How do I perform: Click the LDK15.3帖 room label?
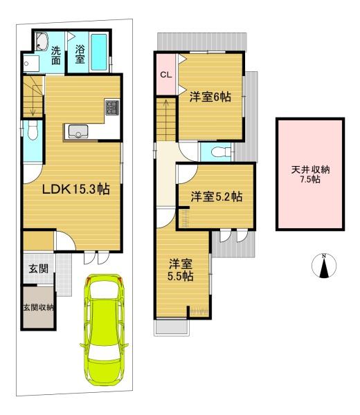[76, 190]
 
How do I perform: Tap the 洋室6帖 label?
[210, 97]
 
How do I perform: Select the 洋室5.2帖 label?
[217, 197]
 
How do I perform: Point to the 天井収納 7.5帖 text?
[310, 174]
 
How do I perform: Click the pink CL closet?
[166, 75]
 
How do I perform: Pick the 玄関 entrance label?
[39, 269]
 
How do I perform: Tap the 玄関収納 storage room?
[38, 308]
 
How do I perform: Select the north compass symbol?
[324, 266]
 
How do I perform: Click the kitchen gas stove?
[112, 107]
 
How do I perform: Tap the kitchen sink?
[78, 131]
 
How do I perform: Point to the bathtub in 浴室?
[99, 52]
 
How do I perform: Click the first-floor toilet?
[33, 131]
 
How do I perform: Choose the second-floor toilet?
[221, 152]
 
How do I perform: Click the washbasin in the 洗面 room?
[42, 41]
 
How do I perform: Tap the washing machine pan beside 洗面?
[31, 64]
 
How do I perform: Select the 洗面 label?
[56, 55]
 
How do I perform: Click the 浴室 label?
[80, 54]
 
